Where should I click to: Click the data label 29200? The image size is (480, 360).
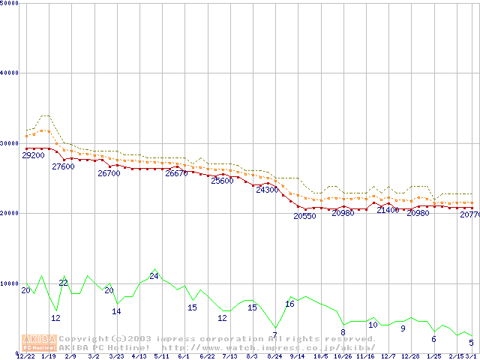pos(33,155)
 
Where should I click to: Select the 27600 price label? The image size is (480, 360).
pos(63,166)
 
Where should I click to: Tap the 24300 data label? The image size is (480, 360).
pos(267,190)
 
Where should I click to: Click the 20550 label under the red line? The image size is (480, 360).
pos(304,216)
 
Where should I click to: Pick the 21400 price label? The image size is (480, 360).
pos(388,210)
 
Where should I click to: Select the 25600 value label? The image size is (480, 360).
pos(222,181)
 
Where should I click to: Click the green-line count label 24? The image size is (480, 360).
pos(154,276)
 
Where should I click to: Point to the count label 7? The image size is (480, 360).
pos(274,334)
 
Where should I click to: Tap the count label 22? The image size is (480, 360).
pos(64,283)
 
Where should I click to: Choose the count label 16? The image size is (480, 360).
pos(289,304)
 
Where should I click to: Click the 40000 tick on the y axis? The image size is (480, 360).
pos(10,73)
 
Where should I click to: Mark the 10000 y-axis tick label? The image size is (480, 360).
pos(10,283)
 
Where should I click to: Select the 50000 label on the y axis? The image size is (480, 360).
pos(10,3)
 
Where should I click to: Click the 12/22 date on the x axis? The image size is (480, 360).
pos(25,356)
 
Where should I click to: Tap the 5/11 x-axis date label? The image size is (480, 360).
pos(161,356)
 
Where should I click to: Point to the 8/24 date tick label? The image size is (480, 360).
pos(274,356)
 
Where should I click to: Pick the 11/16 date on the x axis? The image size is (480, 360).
pos(365,356)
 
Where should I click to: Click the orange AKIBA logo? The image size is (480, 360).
pos(39,343)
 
